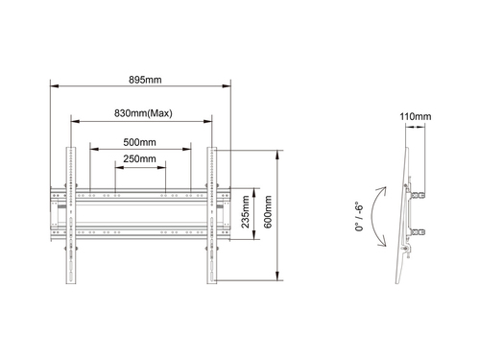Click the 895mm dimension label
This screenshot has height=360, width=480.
pyautogui.click(x=145, y=80)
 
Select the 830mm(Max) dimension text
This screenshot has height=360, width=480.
pyautogui.click(x=143, y=113)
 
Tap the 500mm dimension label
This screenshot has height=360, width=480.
pyautogui.click(x=140, y=142)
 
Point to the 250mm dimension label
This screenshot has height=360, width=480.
pyautogui.click(x=140, y=158)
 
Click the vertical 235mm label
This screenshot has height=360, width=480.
pyautogui.click(x=245, y=212)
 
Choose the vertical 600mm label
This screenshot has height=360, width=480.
pyautogui.click(x=268, y=212)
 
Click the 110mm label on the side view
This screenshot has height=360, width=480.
pyautogui.click(x=415, y=116)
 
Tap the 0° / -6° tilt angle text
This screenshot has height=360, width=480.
pyautogui.click(x=359, y=216)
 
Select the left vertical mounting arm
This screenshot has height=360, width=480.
pyautogui.click(x=71, y=215)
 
